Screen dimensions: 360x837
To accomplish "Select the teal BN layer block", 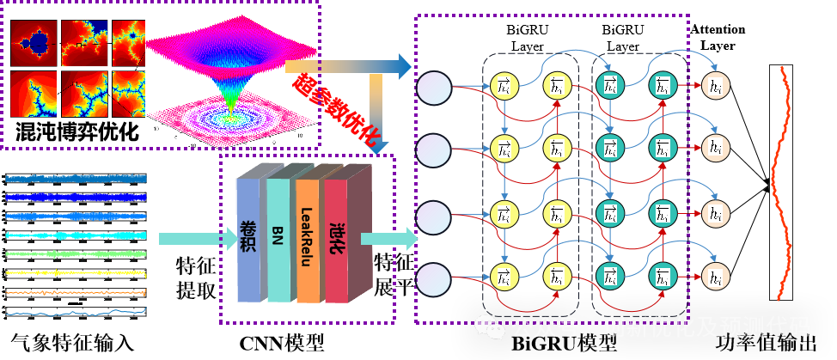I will [x=278, y=241].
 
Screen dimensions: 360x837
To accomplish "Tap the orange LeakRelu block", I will [x=307, y=241].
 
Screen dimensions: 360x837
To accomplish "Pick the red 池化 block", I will [x=336, y=241].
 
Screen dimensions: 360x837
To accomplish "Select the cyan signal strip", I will [x=76, y=235].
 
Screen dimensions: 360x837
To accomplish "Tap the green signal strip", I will [x=76, y=254].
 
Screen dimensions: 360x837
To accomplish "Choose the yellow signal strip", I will [x=76, y=273].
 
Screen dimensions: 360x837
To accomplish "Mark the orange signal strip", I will [x=76, y=292].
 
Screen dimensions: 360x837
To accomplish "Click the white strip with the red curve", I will [x=780, y=182].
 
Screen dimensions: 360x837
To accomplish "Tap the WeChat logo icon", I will [x=491, y=327].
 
